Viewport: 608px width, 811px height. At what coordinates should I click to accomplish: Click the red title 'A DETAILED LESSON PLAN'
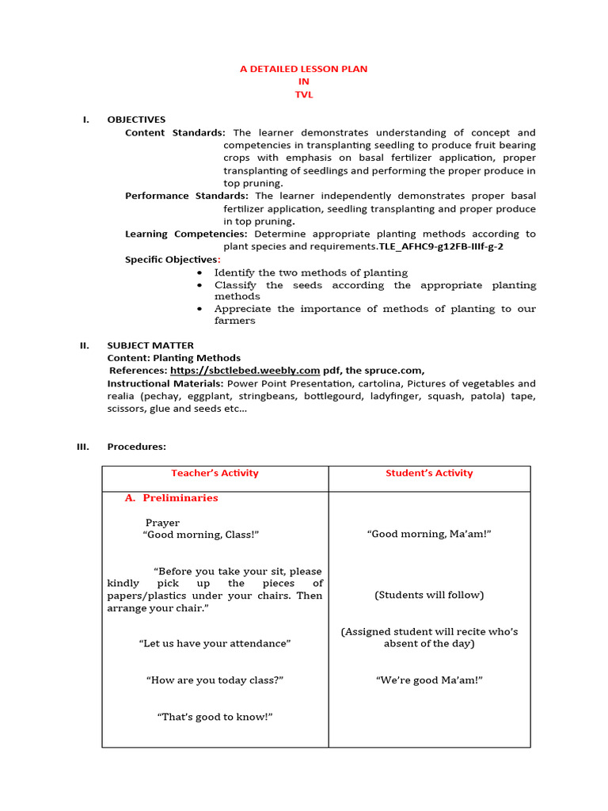[x=303, y=69]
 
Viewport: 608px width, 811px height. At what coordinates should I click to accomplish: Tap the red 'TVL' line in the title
[x=303, y=94]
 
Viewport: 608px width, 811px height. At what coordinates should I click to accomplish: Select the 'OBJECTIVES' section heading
[x=136, y=120]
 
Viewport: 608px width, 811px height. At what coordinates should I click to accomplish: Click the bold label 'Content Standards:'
[x=175, y=132]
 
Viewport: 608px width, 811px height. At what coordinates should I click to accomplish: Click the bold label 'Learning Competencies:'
[x=186, y=234]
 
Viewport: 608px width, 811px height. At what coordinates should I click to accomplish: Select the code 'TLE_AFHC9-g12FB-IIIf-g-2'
[x=441, y=246]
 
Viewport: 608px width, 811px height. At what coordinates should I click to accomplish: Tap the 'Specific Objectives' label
[x=171, y=260]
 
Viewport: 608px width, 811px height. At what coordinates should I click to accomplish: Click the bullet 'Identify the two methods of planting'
[x=311, y=272]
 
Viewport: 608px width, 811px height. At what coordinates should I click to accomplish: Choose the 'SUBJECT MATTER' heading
[x=150, y=345]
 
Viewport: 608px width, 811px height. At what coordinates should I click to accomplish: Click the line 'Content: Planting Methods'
[x=173, y=358]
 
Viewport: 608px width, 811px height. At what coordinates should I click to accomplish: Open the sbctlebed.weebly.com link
[x=245, y=371]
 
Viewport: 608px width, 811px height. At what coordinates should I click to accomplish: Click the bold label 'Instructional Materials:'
[x=165, y=383]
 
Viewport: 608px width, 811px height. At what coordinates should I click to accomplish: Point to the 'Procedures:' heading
[x=136, y=447]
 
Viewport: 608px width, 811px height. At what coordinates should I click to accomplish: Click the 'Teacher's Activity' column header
[x=215, y=474]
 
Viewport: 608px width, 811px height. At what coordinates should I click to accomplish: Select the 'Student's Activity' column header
[x=429, y=474]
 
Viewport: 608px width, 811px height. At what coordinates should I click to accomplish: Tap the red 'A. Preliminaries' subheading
[x=172, y=498]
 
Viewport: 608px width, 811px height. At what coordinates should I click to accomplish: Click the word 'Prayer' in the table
[x=162, y=523]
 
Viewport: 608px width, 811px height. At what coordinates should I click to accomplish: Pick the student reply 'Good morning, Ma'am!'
[x=429, y=535]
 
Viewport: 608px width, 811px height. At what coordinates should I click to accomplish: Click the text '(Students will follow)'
[x=429, y=595]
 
